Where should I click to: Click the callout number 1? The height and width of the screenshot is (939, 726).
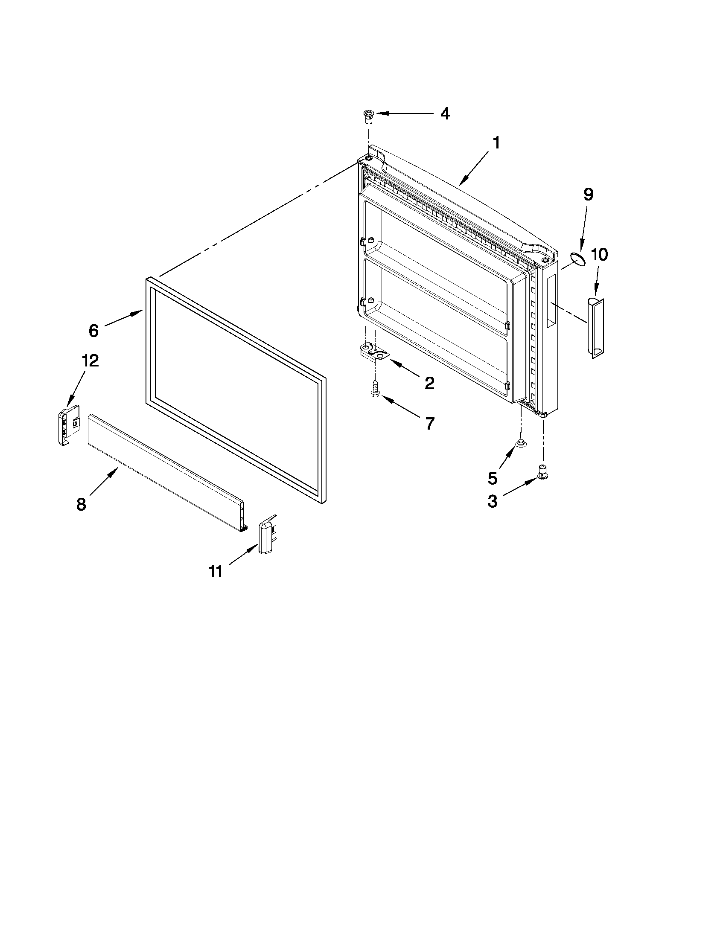tap(496, 143)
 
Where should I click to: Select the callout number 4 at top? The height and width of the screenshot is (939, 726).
tap(445, 114)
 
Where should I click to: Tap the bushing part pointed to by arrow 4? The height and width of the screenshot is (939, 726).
tap(368, 116)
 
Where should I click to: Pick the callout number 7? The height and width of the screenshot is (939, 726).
tap(430, 424)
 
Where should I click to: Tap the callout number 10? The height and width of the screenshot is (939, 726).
tap(599, 255)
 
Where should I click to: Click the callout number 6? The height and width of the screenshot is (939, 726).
tap(94, 331)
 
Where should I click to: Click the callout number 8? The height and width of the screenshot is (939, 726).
tap(81, 504)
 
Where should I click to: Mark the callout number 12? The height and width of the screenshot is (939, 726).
tap(90, 360)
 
